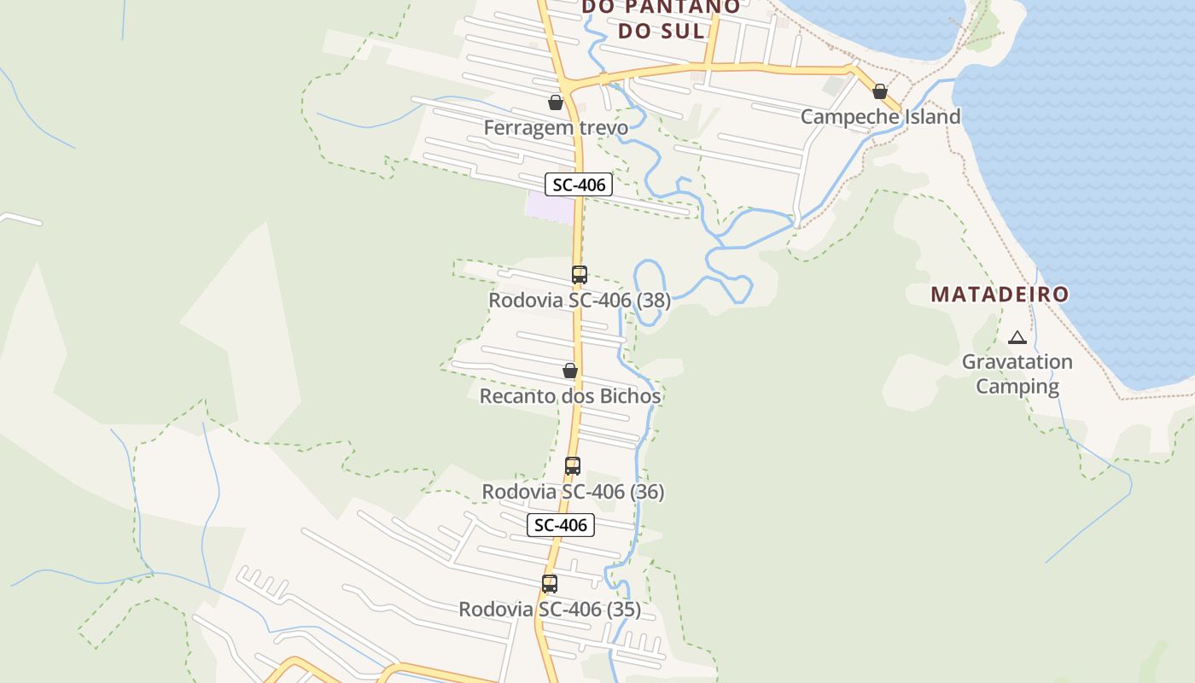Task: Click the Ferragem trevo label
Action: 556,128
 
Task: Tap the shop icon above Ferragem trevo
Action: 556,103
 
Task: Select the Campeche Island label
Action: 880,117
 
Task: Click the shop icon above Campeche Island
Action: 880,91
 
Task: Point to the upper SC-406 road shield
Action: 579,184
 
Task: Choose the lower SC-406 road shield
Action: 560,525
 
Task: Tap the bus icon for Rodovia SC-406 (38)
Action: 580,275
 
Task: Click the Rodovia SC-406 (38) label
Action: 580,301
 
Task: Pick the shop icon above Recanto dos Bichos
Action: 570,371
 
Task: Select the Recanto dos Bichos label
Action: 570,396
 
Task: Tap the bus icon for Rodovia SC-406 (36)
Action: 573,466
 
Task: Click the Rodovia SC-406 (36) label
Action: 573,492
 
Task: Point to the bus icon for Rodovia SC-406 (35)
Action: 550,584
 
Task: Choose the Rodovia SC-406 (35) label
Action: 550,610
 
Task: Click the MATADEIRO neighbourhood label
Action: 1000,295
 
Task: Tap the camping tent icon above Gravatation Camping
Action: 1017,337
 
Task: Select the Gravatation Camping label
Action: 1017,374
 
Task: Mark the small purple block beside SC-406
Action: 549,207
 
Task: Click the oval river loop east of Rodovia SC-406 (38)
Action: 650,293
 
